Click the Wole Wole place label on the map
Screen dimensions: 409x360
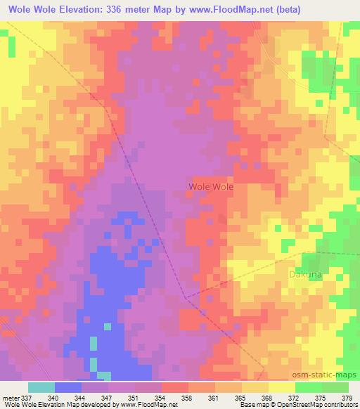click(x=211, y=187)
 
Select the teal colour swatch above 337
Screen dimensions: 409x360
click(x=41, y=387)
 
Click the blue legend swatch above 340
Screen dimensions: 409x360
click(x=68, y=387)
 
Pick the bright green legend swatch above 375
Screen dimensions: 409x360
click(x=309, y=387)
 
